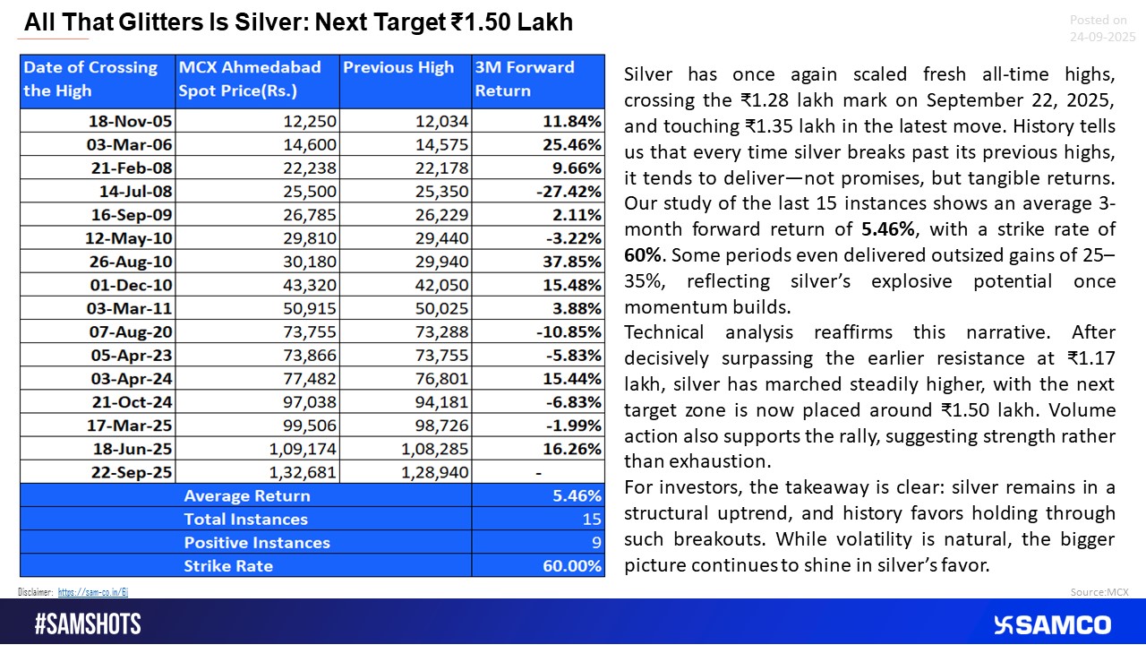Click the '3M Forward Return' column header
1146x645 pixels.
(x=525, y=79)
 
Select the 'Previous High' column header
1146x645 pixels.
(x=399, y=68)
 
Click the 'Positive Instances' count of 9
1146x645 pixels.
(x=595, y=543)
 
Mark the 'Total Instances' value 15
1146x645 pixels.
(x=592, y=520)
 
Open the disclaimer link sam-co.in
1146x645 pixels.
(x=93, y=592)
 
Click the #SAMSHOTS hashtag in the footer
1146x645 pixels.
(x=88, y=624)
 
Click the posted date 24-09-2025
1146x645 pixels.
(x=1102, y=37)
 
